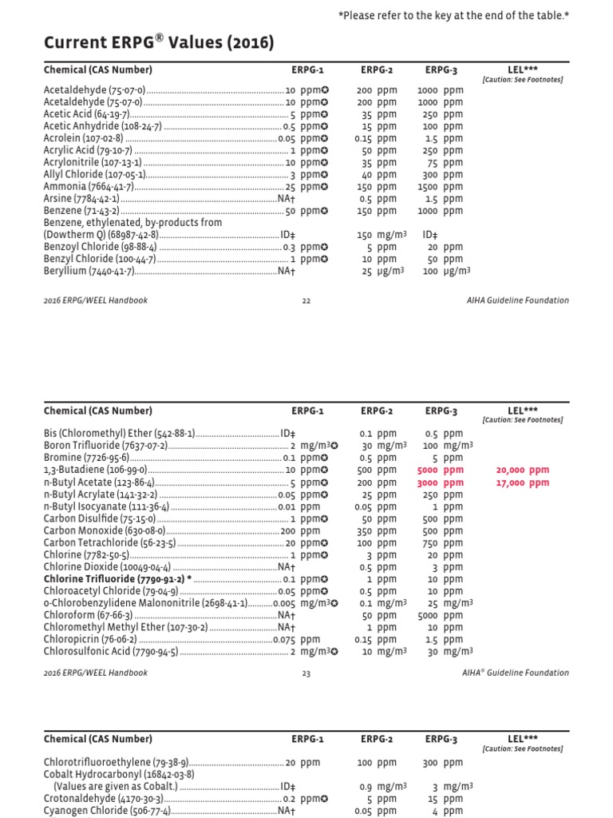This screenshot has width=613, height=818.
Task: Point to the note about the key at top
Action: tap(453, 15)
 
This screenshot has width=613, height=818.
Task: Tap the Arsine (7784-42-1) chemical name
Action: tap(81, 198)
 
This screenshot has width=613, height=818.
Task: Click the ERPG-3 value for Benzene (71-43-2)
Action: tap(439, 211)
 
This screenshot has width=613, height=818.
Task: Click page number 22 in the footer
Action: tap(306, 300)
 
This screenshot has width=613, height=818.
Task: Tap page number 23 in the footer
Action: tap(306, 673)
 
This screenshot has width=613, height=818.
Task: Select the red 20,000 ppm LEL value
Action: tap(522, 471)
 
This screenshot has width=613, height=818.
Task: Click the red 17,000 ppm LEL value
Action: tap(522, 482)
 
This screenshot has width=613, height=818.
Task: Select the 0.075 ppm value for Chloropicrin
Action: tap(296, 640)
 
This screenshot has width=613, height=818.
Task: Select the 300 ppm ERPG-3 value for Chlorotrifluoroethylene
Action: tap(443, 763)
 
